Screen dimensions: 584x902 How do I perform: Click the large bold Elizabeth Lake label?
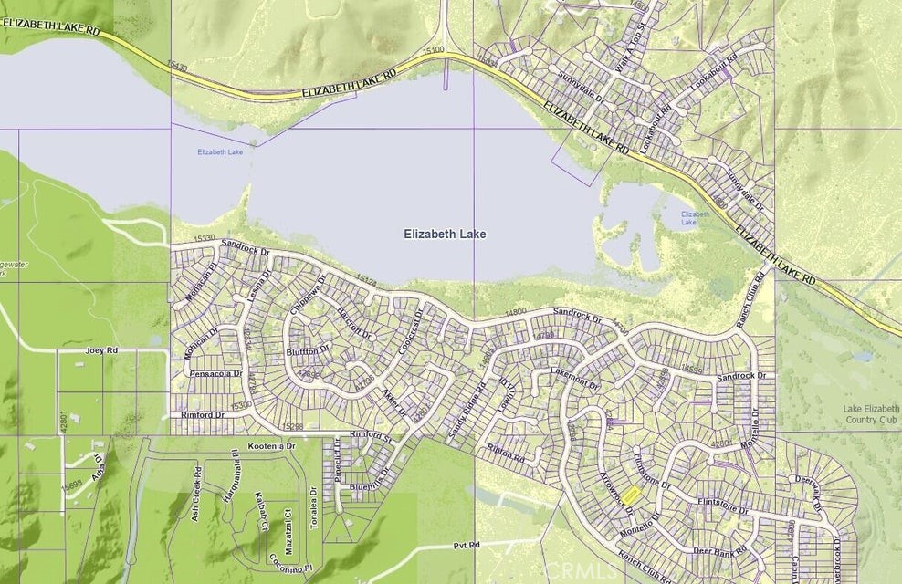445,235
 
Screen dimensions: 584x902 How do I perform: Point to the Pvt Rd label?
466,546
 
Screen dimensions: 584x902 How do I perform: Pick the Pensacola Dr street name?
215,374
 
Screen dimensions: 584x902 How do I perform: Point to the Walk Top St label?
624,52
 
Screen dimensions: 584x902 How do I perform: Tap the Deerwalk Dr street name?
810,494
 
